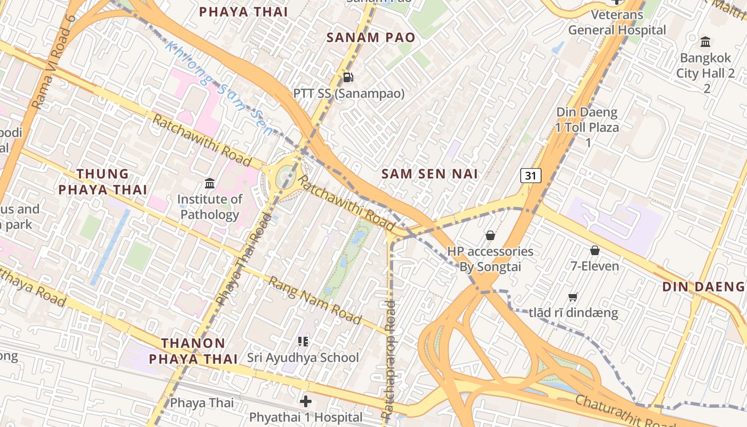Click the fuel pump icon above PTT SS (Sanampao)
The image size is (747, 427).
(348, 77)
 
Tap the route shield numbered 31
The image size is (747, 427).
(531, 175)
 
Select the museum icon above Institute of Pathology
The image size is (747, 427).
(210, 184)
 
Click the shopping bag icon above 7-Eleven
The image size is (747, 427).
(594, 250)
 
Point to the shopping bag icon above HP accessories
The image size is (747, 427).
(490, 235)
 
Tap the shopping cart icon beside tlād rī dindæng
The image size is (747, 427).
(573, 297)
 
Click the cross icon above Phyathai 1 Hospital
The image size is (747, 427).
(305, 401)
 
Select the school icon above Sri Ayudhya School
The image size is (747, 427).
(303, 341)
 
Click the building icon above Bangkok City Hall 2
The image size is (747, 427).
(705, 42)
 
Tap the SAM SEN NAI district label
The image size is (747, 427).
(430, 173)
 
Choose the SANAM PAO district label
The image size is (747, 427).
(370, 37)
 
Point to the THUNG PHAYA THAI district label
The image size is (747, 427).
(102, 181)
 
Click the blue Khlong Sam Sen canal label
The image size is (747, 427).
(219, 89)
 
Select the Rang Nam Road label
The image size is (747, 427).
(315, 300)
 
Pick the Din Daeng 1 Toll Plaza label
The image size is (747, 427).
(587, 127)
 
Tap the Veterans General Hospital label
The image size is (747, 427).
(617, 22)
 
